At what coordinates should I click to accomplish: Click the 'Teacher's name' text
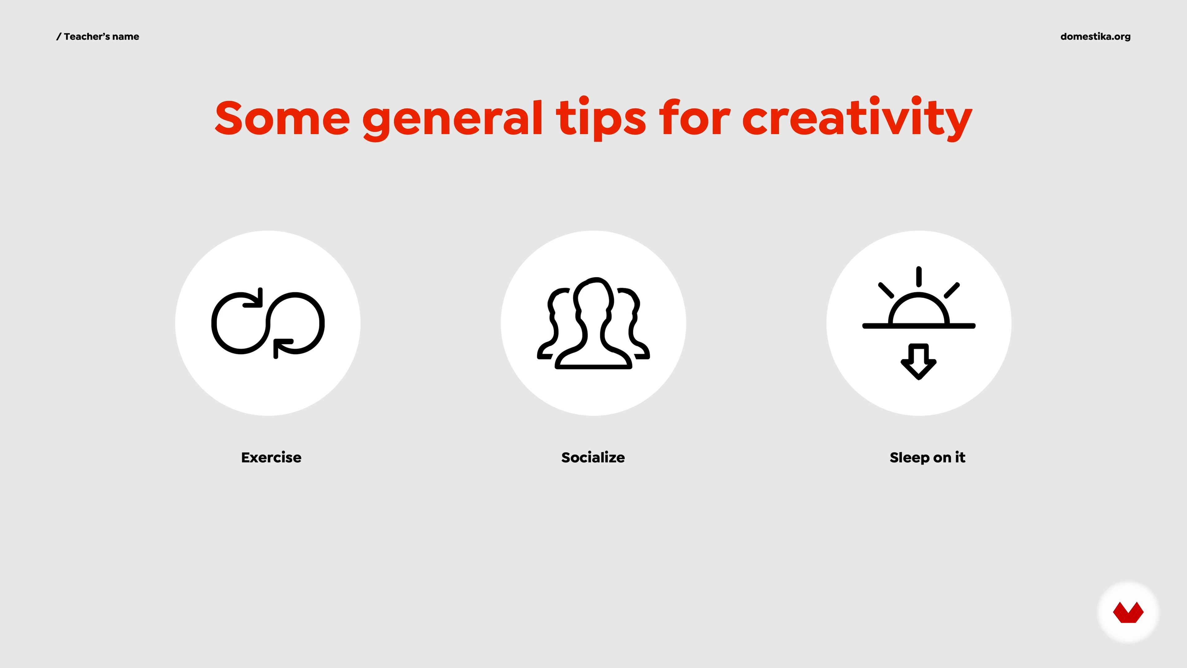[101, 36]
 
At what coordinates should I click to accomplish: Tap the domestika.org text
[1095, 36]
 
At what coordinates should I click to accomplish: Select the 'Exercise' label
[271, 457]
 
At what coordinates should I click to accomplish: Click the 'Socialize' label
[593, 457]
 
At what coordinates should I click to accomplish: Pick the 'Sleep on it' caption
[927, 457]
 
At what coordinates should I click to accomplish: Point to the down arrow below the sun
[919, 362]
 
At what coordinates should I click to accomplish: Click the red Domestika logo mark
[1129, 612]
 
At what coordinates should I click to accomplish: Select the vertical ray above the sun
[919, 276]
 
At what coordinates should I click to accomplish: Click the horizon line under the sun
[919, 326]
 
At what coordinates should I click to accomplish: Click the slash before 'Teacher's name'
[58, 37]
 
